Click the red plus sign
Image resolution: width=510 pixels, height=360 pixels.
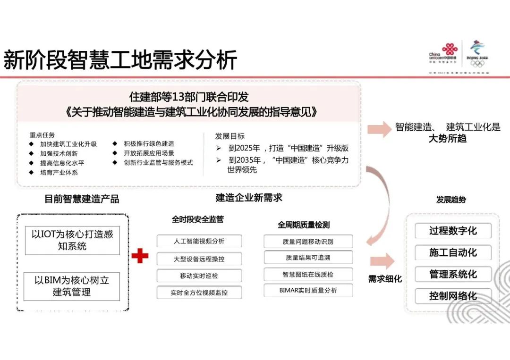click(x=140, y=256)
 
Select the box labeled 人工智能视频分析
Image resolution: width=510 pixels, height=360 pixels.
click(x=199, y=241)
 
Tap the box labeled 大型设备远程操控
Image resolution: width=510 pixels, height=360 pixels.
click(x=199, y=259)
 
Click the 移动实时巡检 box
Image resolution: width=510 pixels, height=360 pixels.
click(x=199, y=276)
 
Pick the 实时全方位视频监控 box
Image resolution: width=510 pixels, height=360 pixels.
click(x=199, y=293)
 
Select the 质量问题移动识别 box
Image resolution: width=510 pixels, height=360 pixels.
click(x=308, y=242)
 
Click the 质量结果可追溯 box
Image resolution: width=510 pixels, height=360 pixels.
click(x=308, y=258)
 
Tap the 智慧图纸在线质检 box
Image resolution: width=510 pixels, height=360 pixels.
click(x=308, y=274)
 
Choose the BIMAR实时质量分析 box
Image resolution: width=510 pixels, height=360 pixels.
click(x=308, y=291)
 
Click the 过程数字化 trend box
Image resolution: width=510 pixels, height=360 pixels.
click(x=453, y=231)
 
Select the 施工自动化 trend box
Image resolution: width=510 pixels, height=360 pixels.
click(x=453, y=252)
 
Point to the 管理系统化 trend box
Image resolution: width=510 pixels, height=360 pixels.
click(x=453, y=274)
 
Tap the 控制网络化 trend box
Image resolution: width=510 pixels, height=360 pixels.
click(x=453, y=296)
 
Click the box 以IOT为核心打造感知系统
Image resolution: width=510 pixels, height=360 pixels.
click(x=72, y=240)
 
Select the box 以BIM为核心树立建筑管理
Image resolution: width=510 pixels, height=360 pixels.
click(x=72, y=286)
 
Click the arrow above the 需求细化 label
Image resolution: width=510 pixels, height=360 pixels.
click(x=382, y=261)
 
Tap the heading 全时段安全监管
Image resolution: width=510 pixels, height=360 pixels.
click(x=197, y=219)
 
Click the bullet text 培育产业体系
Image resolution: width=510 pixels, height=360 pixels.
click(x=59, y=173)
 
